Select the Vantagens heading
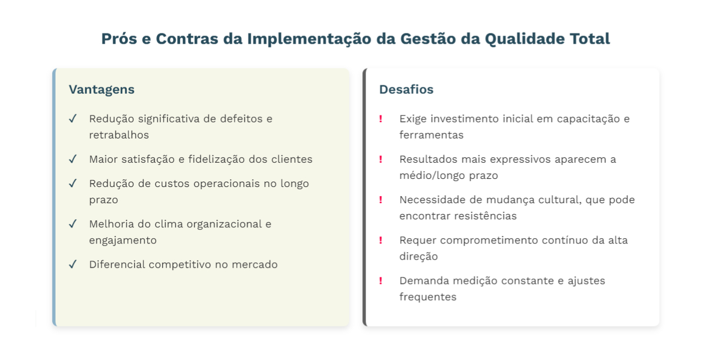[101, 89]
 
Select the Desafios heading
[406, 89]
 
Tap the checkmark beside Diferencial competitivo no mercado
[73, 264]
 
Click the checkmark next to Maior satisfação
[73, 159]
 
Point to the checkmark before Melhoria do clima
[73, 224]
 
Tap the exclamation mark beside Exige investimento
[381, 119]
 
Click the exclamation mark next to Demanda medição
[381, 280]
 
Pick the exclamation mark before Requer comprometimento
[381, 240]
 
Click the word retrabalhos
[119, 135]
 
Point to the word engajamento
[122, 240]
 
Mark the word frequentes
[428, 296]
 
